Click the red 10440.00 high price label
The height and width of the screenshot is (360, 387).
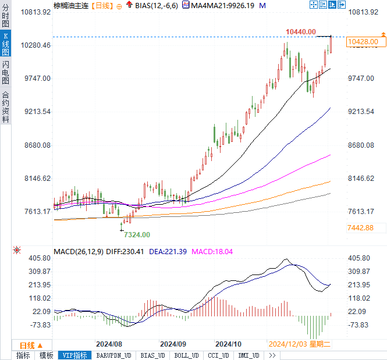pos(301,31)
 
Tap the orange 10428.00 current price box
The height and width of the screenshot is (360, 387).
pos(365,42)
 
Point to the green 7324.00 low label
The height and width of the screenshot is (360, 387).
pos(137,234)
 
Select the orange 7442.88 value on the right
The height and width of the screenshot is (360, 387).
pos(360,227)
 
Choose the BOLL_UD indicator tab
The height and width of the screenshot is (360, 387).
pos(186,355)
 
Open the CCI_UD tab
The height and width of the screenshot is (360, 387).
pos(218,355)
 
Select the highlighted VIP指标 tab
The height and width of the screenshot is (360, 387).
pos(75,355)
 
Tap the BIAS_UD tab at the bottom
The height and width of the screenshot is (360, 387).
pos(153,355)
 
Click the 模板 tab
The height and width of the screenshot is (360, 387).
pos(46,355)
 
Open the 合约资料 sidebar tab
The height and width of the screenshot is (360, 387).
pos(5,106)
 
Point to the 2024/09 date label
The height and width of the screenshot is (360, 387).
pos(173,344)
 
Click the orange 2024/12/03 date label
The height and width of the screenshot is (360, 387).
pos(288,344)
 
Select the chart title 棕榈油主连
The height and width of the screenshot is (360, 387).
pos(70,5)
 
